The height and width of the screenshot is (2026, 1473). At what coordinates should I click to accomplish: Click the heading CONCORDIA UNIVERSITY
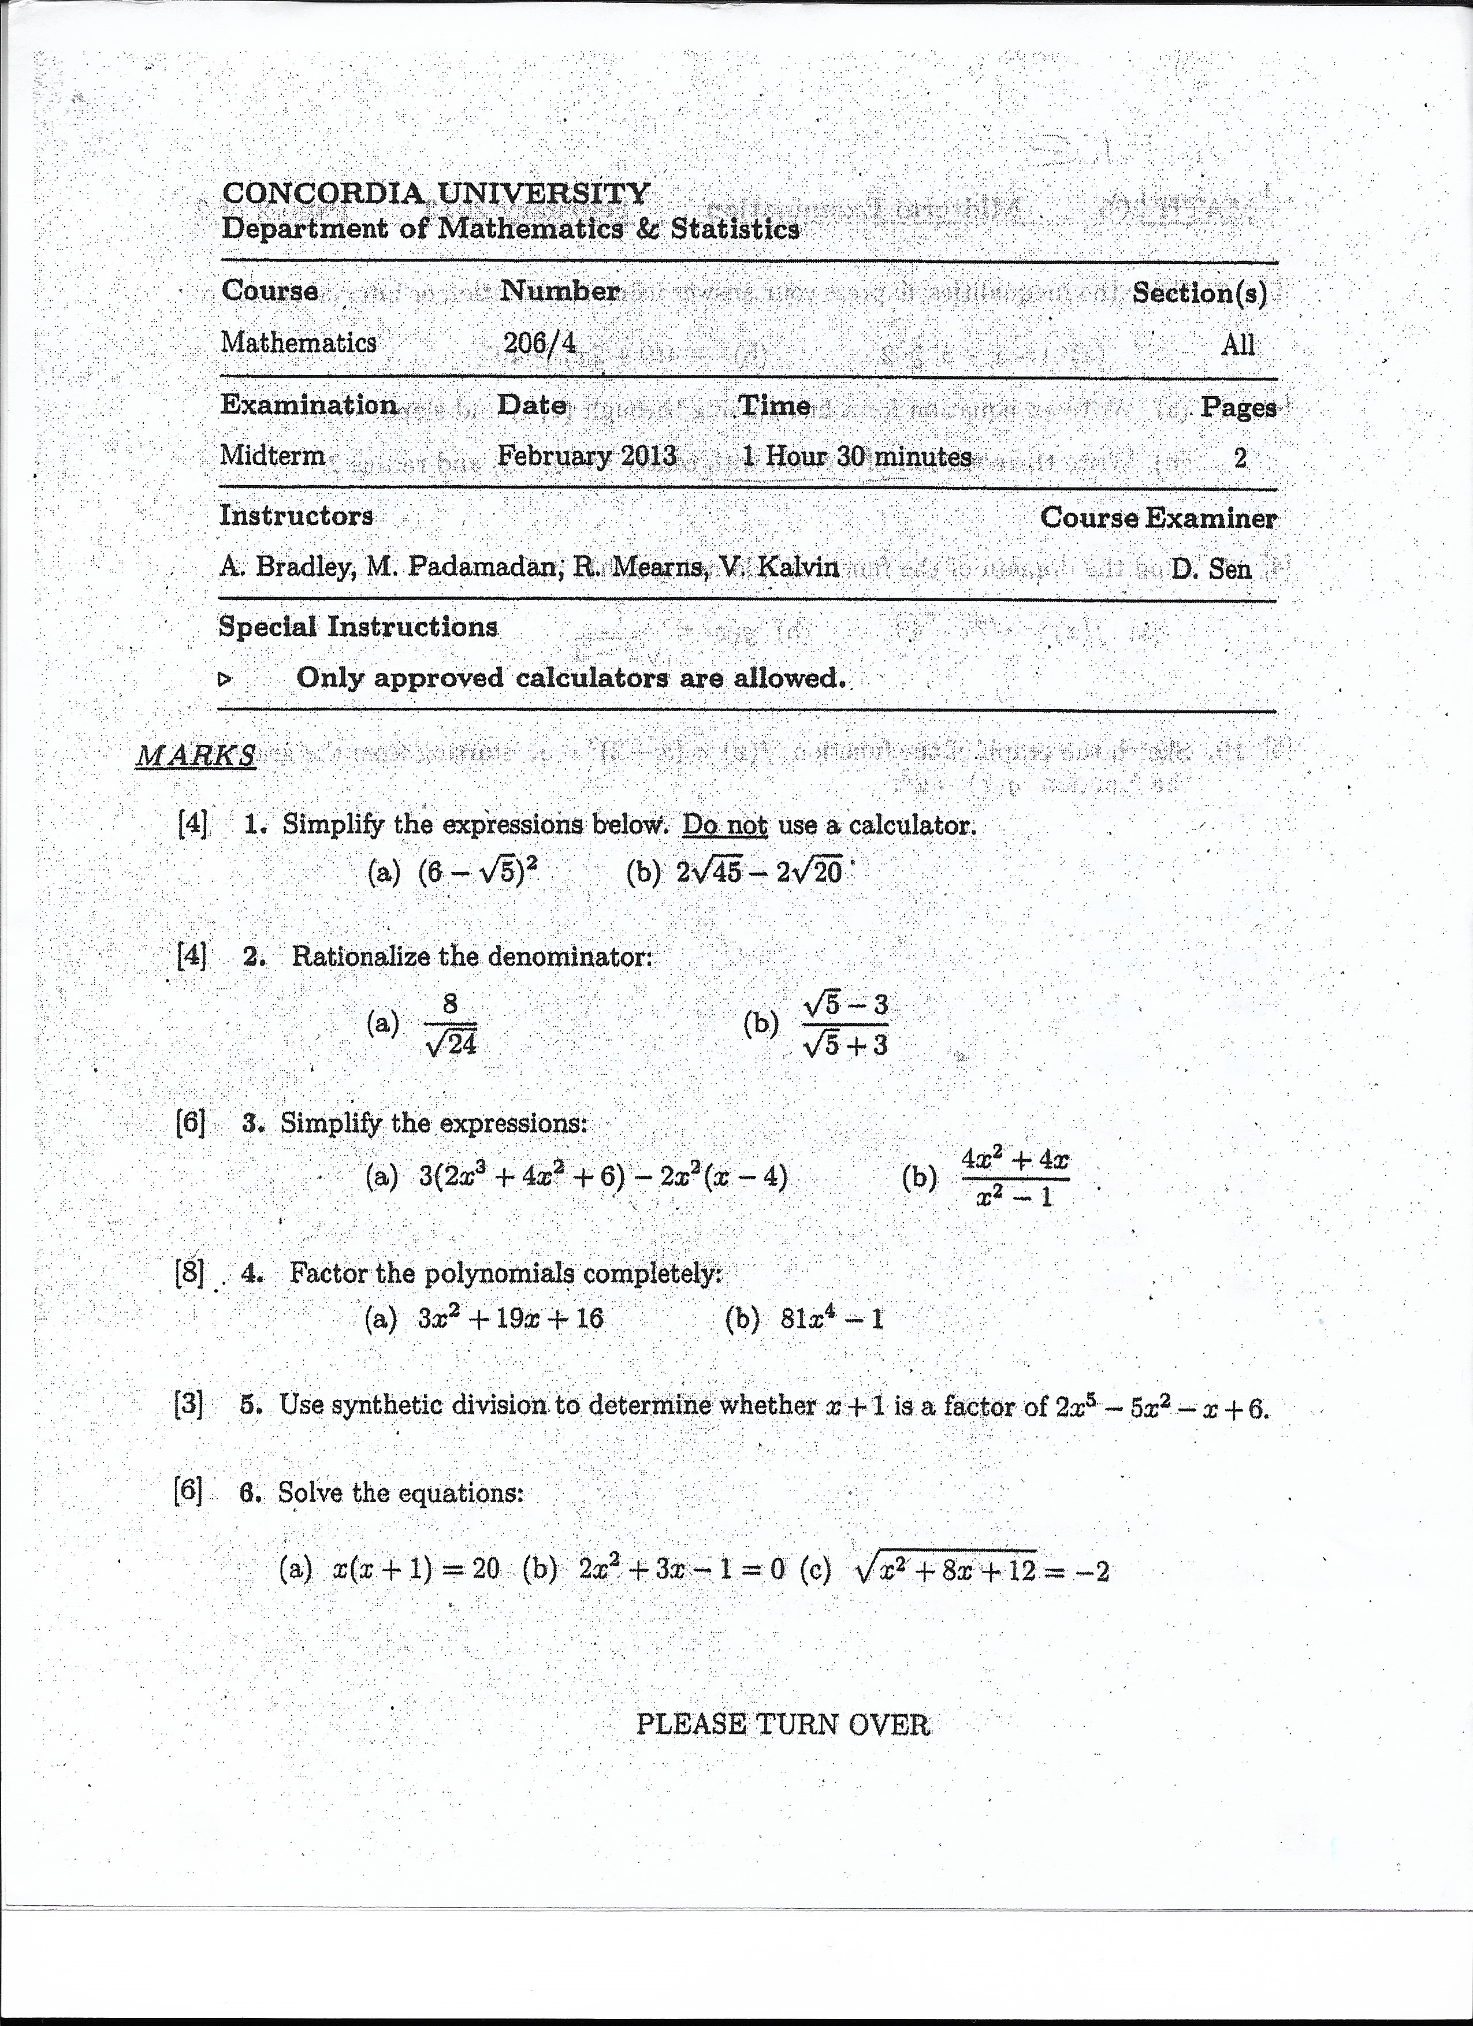436,192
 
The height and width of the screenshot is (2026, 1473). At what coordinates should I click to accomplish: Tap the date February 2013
587,456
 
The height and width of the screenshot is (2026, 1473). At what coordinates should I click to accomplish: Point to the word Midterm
273,456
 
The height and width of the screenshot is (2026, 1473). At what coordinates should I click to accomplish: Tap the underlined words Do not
724,825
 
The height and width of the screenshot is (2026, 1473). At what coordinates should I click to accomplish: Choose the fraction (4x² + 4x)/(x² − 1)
1015,1178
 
